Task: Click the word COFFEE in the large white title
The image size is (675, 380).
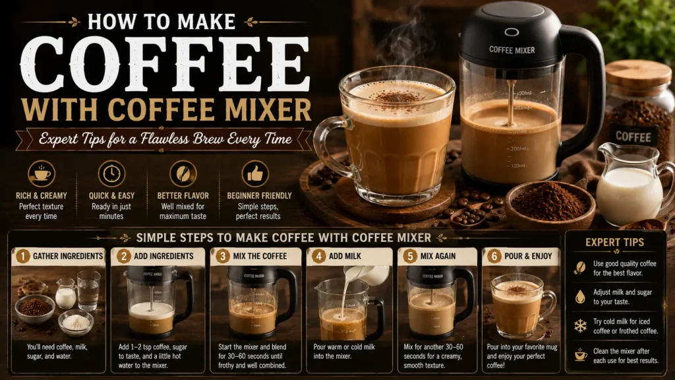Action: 165,64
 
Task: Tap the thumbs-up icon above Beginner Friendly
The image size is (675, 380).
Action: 255,174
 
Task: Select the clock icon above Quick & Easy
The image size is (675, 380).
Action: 111,174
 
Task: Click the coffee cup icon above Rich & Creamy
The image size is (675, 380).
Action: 42,174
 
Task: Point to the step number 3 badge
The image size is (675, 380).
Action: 223,257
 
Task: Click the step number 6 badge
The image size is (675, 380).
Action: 494,257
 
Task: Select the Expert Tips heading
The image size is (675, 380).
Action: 615,242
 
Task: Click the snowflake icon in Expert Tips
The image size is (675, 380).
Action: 580,326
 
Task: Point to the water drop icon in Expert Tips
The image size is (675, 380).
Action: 580,297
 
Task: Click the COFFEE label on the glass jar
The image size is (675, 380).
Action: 633,137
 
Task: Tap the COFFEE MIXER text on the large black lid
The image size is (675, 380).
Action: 512,50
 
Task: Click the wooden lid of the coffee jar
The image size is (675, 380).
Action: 638,74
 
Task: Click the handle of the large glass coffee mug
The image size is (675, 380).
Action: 331,146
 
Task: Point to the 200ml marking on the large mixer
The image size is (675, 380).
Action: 518,148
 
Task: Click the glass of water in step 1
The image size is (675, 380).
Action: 89,291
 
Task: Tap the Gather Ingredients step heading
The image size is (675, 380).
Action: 68,257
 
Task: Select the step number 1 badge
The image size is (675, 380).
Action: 23,257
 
